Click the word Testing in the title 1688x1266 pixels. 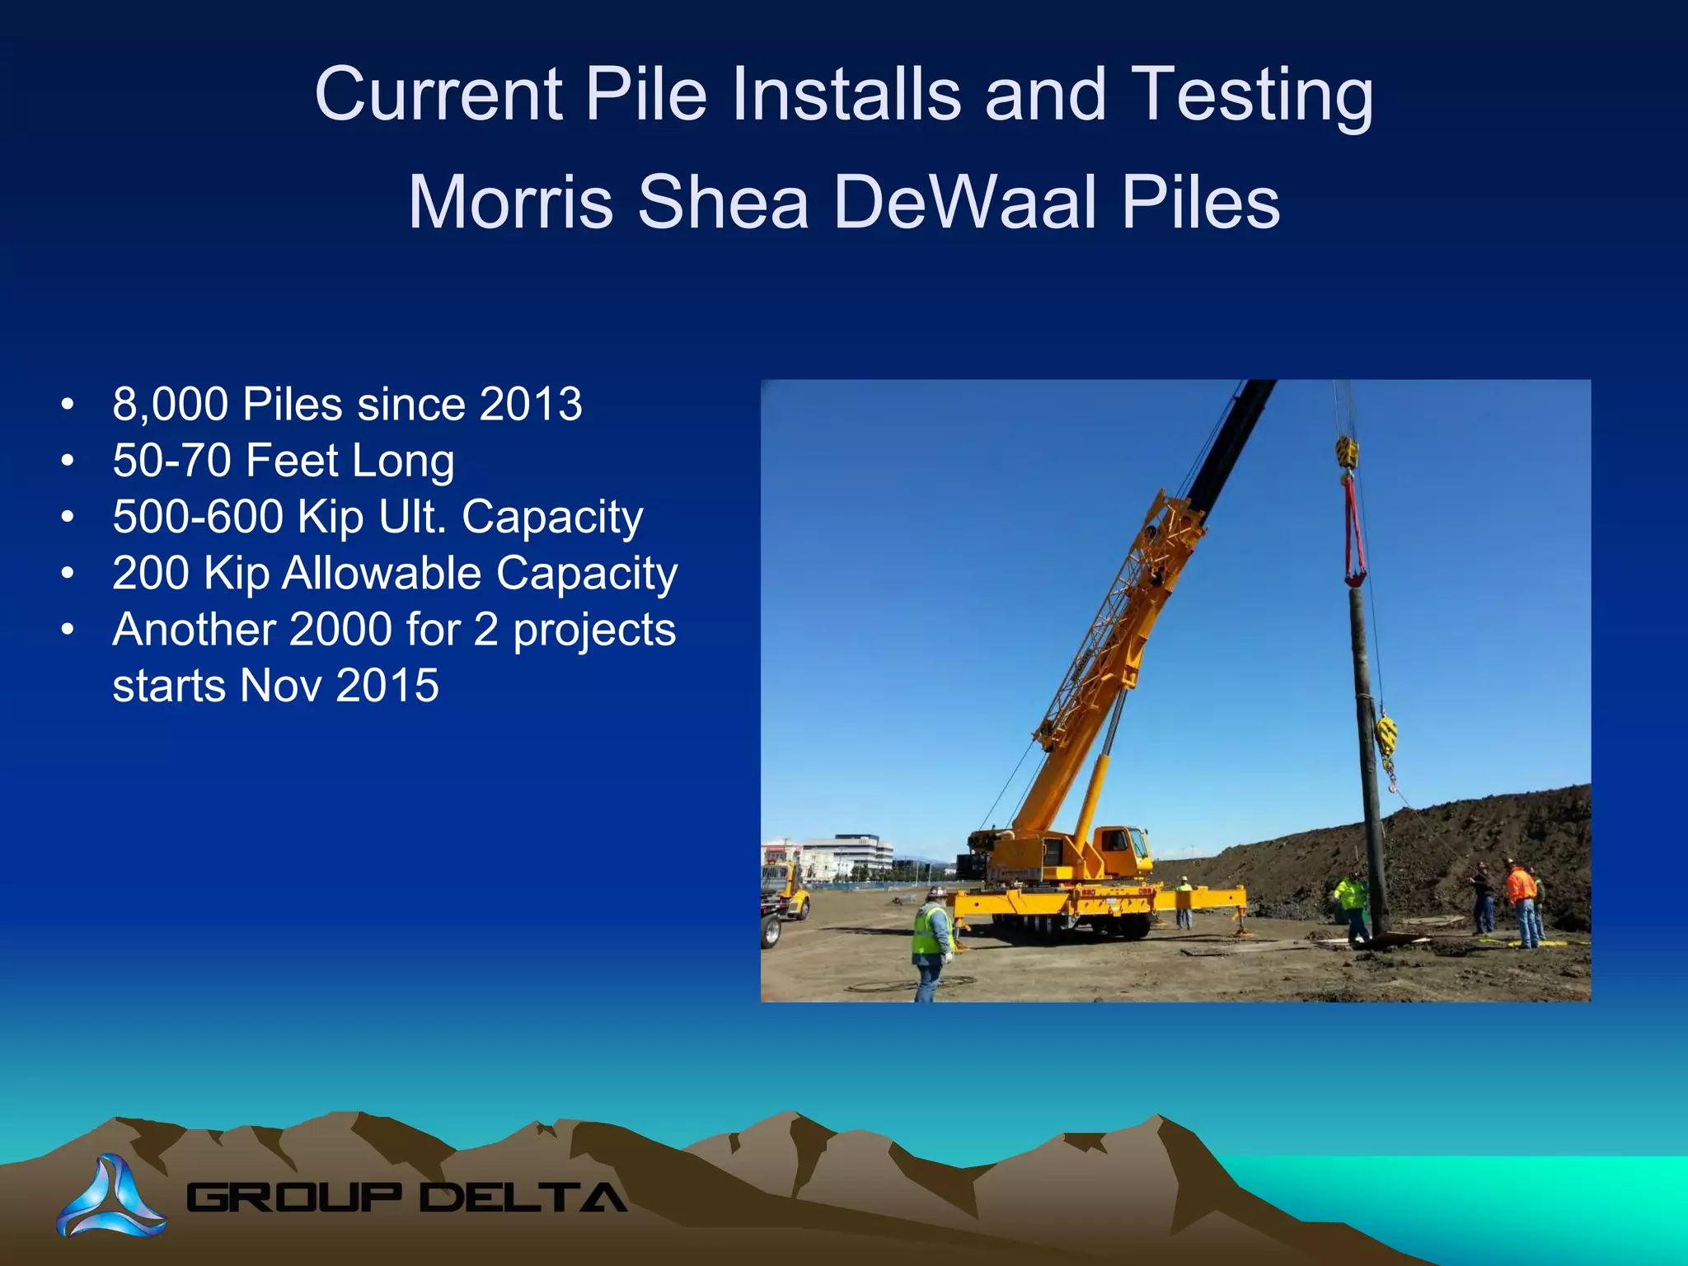click(1252, 95)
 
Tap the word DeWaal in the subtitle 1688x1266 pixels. click(965, 203)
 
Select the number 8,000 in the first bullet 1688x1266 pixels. click(170, 405)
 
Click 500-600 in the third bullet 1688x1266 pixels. click(198, 517)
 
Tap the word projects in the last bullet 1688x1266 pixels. click(594, 630)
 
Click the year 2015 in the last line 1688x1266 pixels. click(387, 686)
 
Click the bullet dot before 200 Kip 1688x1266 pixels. click(68, 573)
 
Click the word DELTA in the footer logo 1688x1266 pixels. click(523, 1198)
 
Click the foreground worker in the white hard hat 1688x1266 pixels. click(932, 940)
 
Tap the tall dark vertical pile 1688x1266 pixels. click(1368, 758)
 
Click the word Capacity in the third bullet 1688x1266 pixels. click(552, 517)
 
